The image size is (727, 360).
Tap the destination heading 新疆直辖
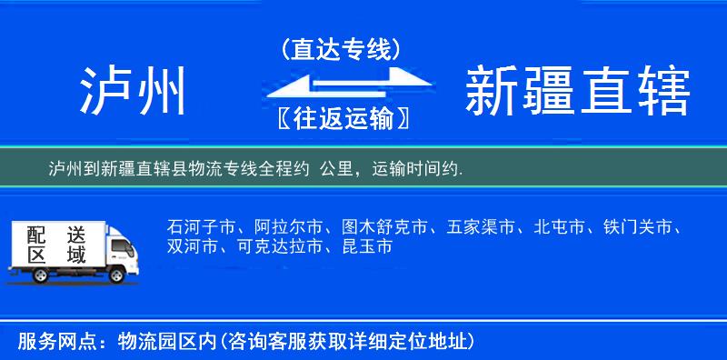[x=577, y=92]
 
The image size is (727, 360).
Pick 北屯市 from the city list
[x=560, y=227]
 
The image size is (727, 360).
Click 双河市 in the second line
[x=189, y=247]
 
